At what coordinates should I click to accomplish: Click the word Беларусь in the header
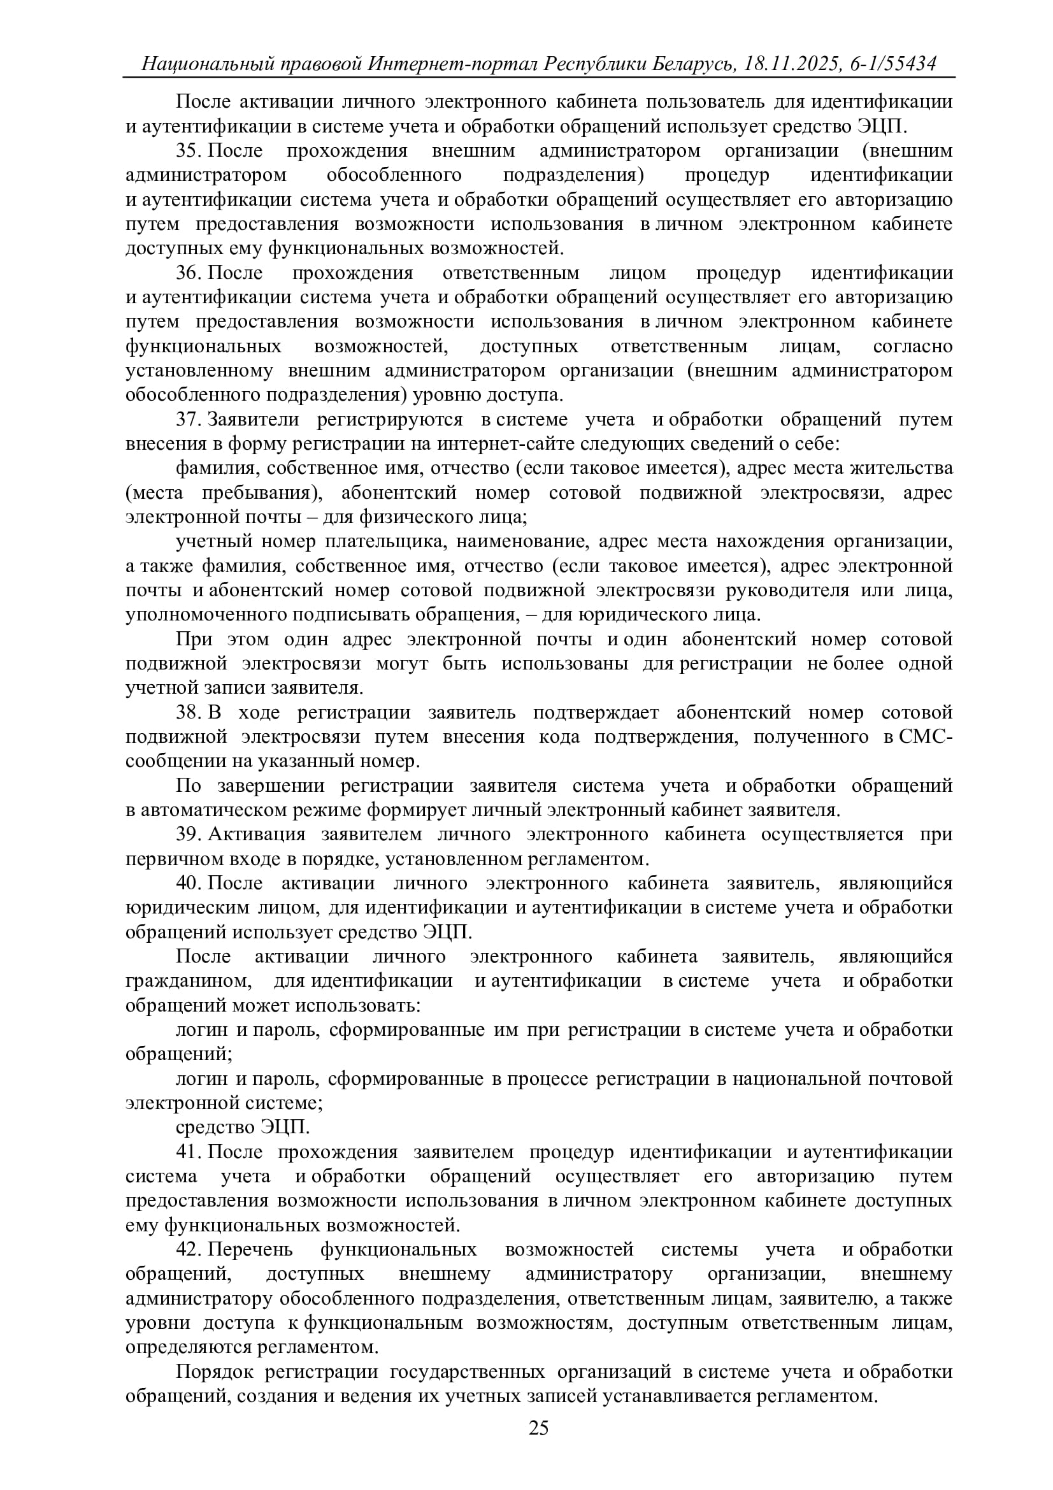[x=694, y=64]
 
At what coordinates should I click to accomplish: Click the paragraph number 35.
[x=189, y=150]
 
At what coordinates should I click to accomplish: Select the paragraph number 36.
[x=189, y=273]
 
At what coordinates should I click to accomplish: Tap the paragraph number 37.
[x=189, y=419]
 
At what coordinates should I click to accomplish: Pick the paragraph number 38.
[x=189, y=713]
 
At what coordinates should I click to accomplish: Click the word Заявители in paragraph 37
[x=253, y=419]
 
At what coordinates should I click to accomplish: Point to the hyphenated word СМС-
[x=925, y=736]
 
